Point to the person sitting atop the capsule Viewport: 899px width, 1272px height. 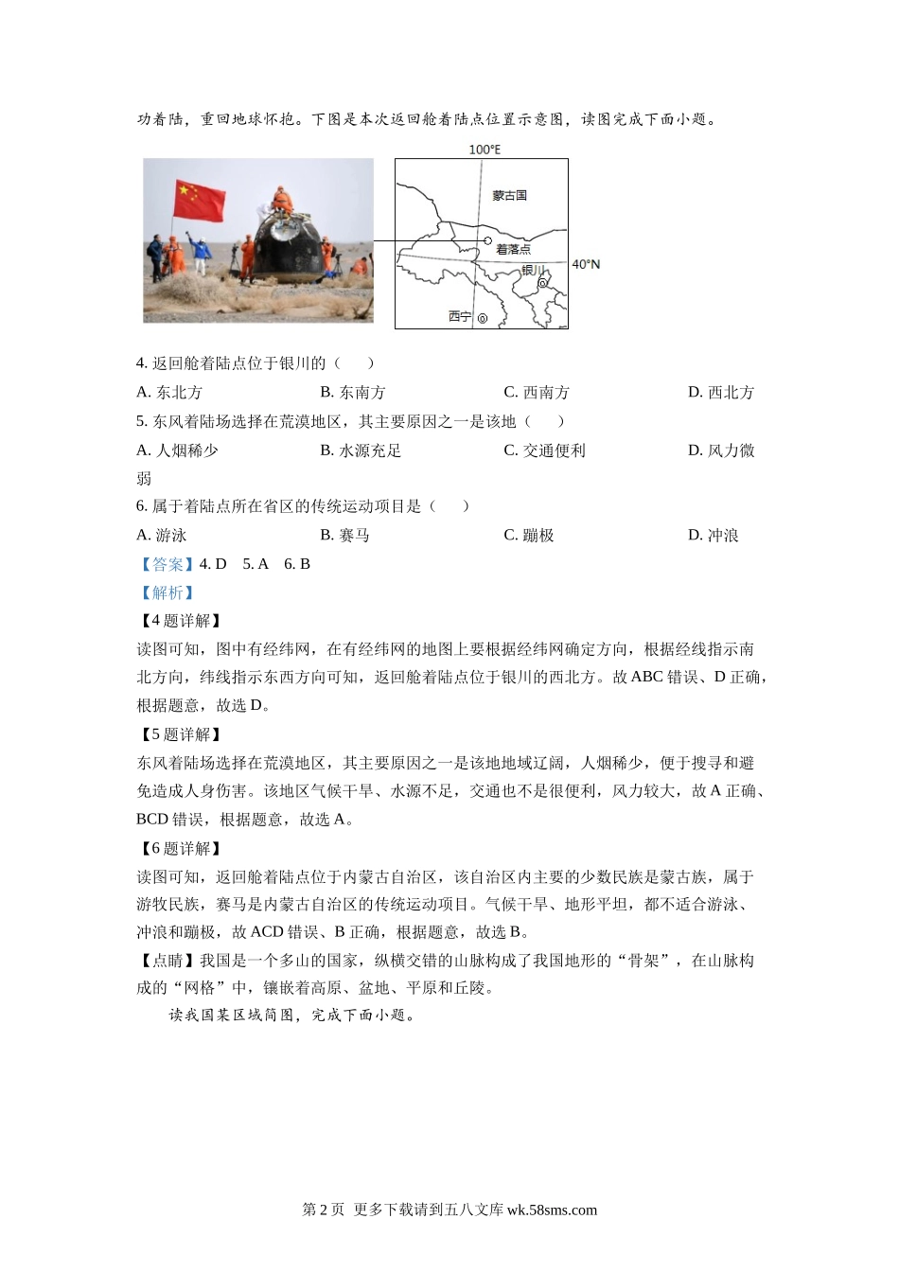(279, 200)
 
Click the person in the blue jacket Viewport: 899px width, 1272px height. (200, 251)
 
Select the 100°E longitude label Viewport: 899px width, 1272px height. (485, 150)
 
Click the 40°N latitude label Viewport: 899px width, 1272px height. (586, 264)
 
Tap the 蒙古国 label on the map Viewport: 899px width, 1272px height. (509, 196)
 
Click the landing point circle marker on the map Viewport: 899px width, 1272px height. (488, 241)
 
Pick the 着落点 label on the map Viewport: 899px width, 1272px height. (514, 250)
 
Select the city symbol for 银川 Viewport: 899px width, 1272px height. (542, 282)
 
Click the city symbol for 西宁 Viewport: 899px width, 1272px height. (483, 319)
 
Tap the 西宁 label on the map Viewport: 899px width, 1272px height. (460, 317)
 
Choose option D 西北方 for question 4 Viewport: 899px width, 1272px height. (721, 393)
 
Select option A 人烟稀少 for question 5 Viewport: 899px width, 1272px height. (177, 450)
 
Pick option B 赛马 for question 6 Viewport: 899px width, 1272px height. (344, 536)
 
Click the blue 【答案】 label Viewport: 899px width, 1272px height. (167, 564)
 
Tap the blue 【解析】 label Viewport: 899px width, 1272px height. (167, 592)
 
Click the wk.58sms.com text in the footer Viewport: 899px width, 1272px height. (552, 1210)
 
